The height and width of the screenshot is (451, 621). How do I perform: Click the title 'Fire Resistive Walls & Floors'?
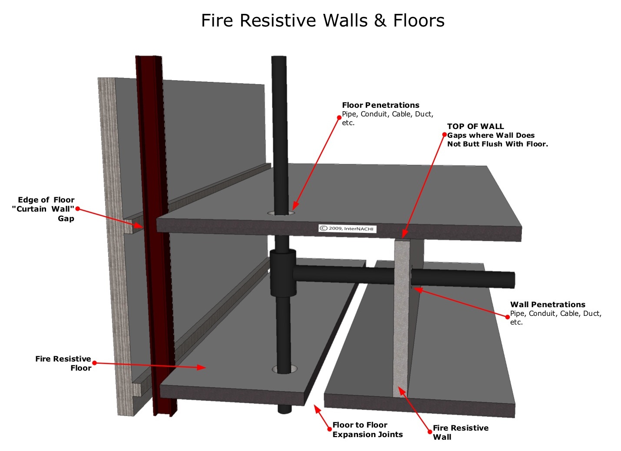(x=322, y=21)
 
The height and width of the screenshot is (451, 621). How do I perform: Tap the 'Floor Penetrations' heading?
(x=380, y=105)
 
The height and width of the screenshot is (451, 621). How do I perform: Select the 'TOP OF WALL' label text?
(x=475, y=126)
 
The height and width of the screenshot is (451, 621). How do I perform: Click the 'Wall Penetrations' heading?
(x=547, y=305)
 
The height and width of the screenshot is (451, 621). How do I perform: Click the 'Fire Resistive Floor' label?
(x=63, y=363)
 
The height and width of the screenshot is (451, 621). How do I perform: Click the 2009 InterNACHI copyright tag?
(x=347, y=229)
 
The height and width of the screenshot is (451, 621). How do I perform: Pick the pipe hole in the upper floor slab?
(x=281, y=213)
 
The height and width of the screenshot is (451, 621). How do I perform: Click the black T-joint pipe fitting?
(x=283, y=272)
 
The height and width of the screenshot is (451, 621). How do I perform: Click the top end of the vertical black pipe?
(x=279, y=59)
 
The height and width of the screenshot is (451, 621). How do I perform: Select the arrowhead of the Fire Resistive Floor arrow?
(x=202, y=368)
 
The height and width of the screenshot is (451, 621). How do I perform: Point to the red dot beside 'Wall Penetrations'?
(x=507, y=317)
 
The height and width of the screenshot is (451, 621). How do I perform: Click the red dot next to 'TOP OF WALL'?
(x=444, y=135)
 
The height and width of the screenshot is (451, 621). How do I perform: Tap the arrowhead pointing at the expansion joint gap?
(x=316, y=408)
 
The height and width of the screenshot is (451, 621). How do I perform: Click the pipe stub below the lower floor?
(x=285, y=410)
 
